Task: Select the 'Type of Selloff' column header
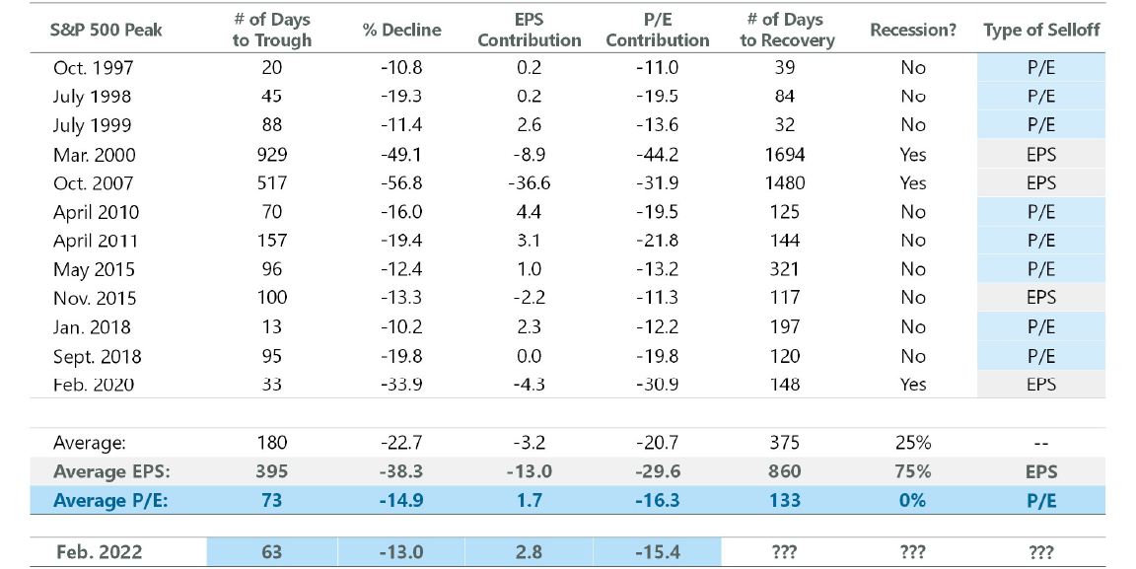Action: [x=1041, y=30]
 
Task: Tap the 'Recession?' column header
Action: [x=913, y=30]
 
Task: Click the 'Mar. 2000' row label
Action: [x=95, y=154]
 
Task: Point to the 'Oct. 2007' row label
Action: [x=94, y=182]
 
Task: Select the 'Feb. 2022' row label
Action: [x=99, y=552]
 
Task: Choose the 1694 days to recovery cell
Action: [x=785, y=154]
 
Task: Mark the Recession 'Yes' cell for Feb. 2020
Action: [x=913, y=384]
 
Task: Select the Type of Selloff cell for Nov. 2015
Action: [x=1041, y=298]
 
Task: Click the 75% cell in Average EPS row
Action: [x=913, y=471]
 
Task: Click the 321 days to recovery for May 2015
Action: [x=785, y=269]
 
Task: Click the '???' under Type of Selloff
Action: [x=1041, y=552]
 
